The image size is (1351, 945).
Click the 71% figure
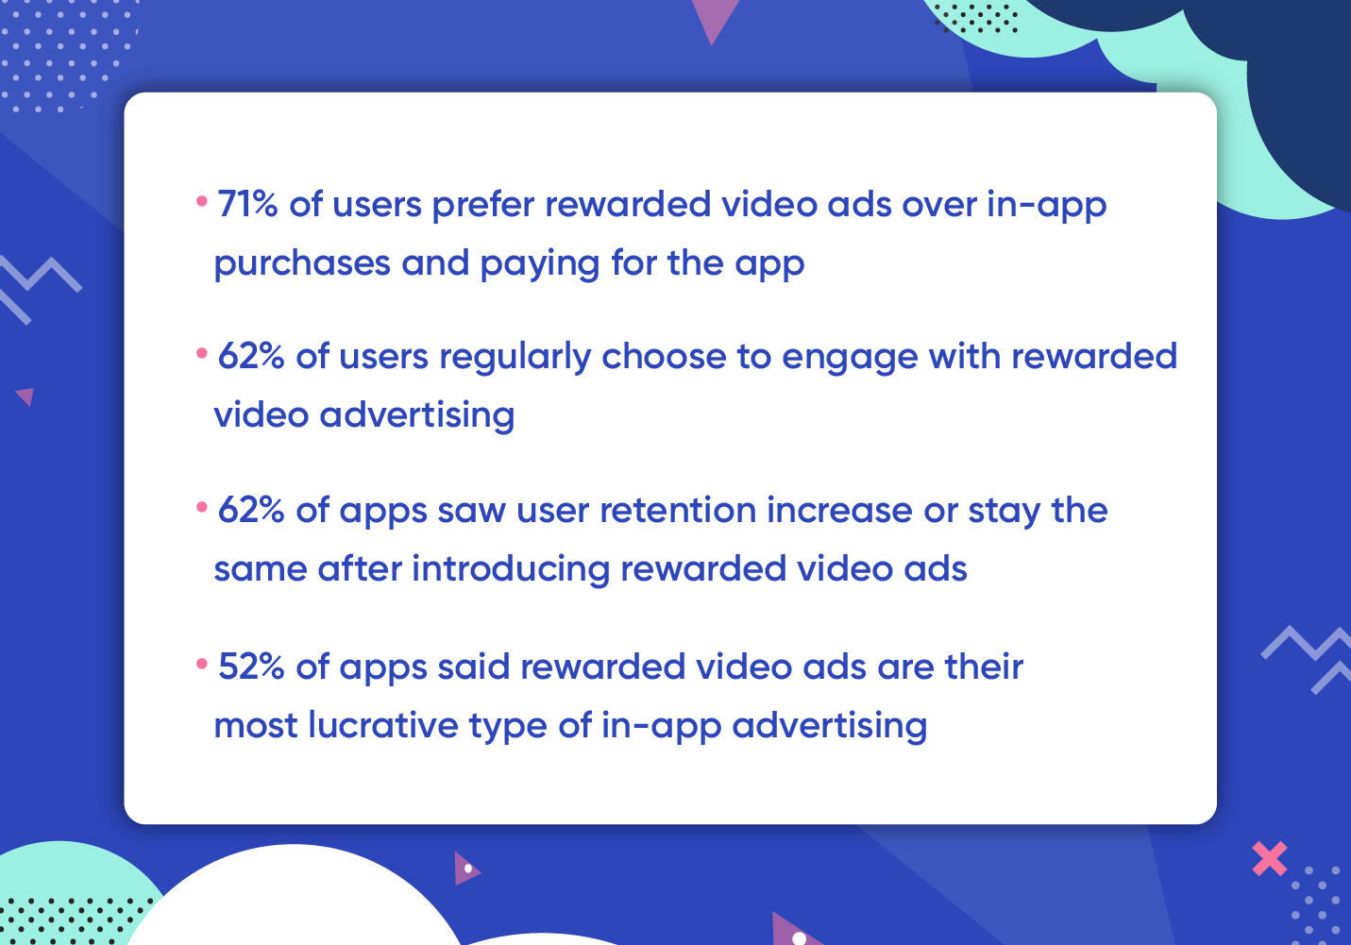coord(247,204)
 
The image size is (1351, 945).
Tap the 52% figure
coord(251,667)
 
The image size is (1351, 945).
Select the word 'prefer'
coord(483,205)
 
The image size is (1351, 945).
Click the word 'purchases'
coord(302,264)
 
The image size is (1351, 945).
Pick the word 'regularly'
coord(515,357)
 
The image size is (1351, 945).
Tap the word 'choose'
coord(664,356)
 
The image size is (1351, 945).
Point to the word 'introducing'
coord(511,569)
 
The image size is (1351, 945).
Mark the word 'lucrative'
coord(383,724)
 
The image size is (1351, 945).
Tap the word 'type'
coord(508,726)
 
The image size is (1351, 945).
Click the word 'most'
coord(256,725)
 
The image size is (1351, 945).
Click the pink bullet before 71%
coord(202,201)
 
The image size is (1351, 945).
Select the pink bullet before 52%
coord(202,665)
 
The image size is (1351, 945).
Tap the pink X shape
coord(1270,858)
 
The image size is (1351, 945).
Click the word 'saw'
coord(472,512)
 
